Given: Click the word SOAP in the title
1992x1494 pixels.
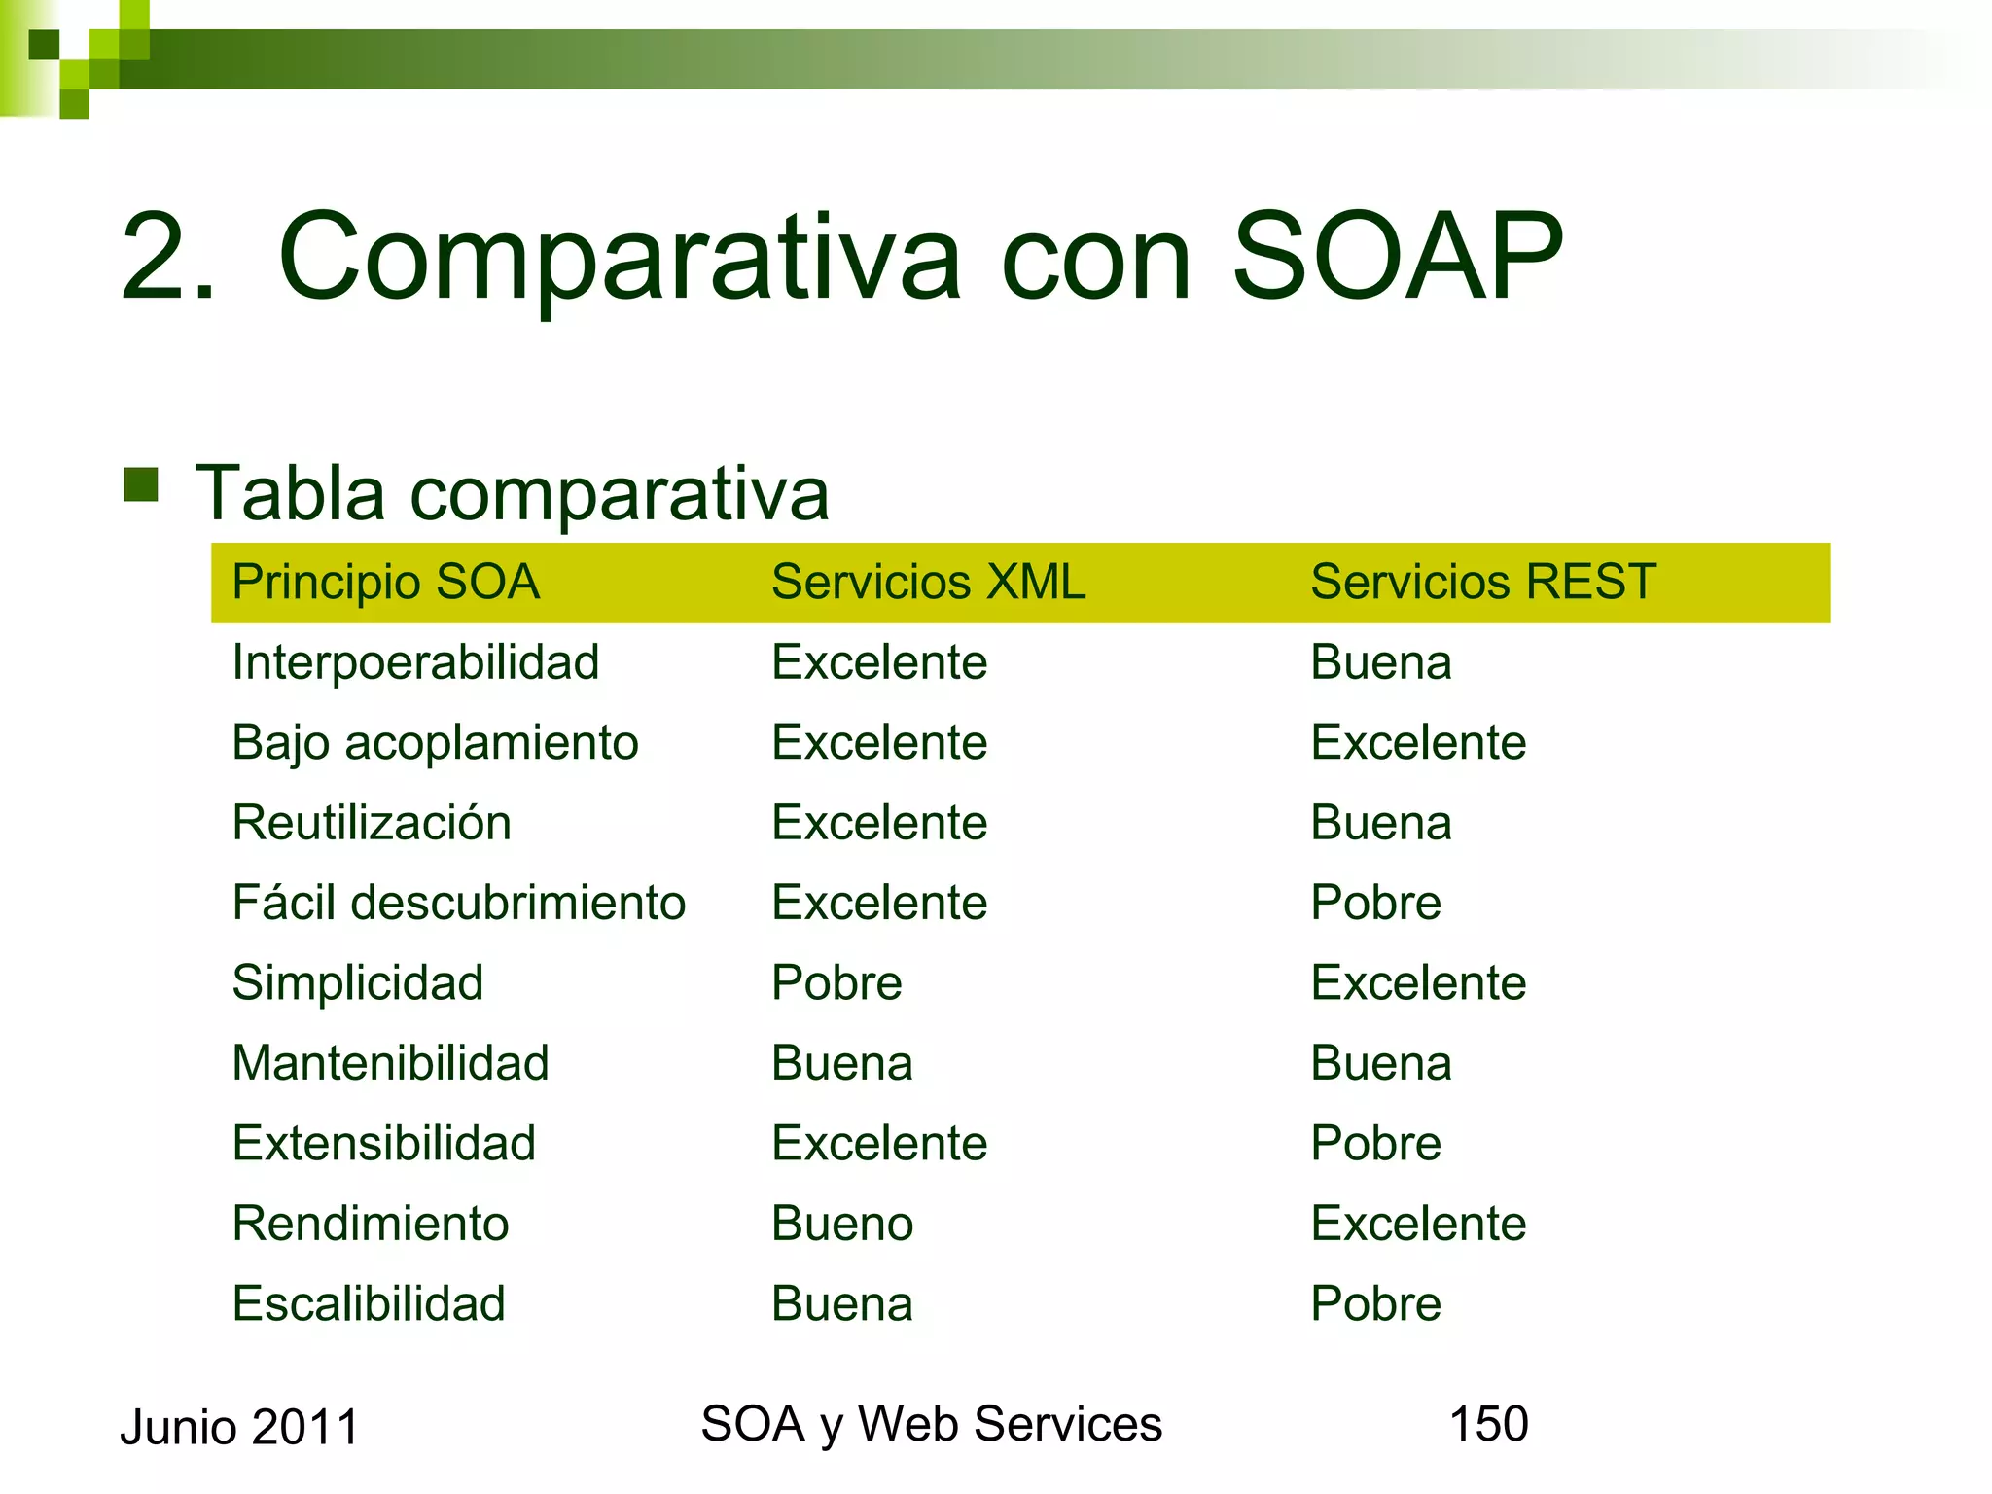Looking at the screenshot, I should pos(1397,257).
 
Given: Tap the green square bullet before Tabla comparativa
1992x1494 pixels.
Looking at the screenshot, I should pos(141,484).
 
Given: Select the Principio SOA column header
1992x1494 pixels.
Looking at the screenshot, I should pos(385,583).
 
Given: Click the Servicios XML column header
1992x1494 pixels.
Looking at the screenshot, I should pos(928,583).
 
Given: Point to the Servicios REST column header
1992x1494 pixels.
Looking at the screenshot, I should pos(1482,583).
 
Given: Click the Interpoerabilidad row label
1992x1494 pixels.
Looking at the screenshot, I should pos(415,663).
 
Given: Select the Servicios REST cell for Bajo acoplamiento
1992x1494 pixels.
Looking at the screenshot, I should pos(1418,743).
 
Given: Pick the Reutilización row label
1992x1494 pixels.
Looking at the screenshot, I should pos(372,823).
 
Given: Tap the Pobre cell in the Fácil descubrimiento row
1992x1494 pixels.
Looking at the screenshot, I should pos(1375,903).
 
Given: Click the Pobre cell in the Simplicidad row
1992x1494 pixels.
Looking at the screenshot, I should pos(836,983).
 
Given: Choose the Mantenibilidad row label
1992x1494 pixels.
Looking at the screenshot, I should pos(390,1063).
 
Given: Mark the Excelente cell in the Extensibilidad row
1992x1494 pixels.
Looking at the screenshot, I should pos(879,1143).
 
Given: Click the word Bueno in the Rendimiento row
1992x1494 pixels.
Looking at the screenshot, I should pos(842,1224).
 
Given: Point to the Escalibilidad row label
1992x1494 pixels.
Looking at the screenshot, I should pos(369,1304).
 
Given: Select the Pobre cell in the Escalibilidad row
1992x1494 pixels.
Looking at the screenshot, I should pos(1375,1304).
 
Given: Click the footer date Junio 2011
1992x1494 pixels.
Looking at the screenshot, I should pos(239,1428).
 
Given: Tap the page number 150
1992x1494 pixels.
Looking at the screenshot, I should pos(1488,1424).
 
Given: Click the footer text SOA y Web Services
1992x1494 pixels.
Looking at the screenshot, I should pos(931,1425).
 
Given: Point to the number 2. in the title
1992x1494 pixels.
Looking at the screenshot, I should pos(167,257).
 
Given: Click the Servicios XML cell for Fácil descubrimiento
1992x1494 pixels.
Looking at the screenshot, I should pos(879,903).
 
